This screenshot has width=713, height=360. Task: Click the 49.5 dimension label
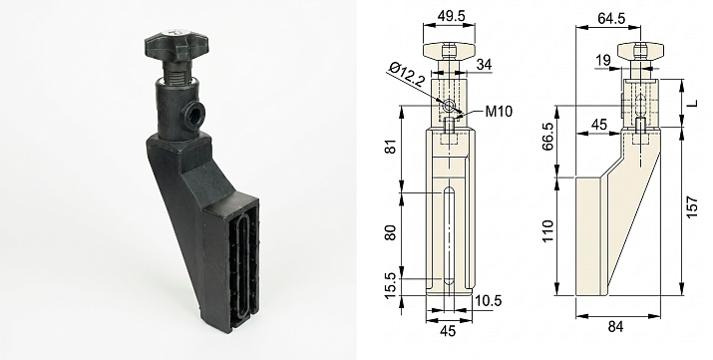(x=449, y=16)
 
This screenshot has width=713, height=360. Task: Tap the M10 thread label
(x=499, y=111)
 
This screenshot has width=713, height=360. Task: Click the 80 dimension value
(x=391, y=232)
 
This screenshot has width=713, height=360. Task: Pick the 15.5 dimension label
(x=391, y=286)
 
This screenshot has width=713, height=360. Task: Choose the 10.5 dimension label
(x=488, y=301)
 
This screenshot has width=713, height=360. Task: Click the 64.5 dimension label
(x=610, y=18)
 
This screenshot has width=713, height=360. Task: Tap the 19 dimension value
(x=603, y=61)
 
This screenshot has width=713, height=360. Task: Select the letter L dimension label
(x=692, y=104)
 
